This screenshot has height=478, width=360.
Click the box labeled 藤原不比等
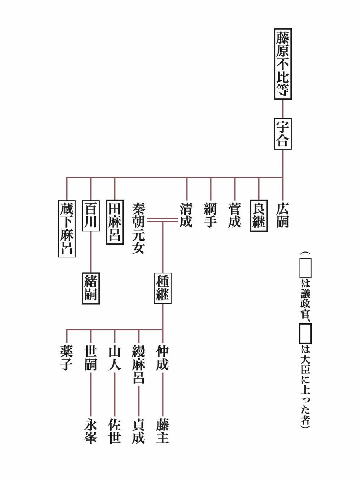click(x=283, y=64)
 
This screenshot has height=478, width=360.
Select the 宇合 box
click(x=283, y=134)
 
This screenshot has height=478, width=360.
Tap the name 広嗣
click(x=283, y=215)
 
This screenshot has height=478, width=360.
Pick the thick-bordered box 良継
click(x=259, y=215)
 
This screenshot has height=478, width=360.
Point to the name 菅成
click(x=235, y=215)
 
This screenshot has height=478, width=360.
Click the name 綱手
click(x=211, y=215)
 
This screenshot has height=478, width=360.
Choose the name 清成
click(x=186, y=215)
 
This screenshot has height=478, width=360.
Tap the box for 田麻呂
click(x=115, y=221)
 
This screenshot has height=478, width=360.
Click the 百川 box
click(x=91, y=215)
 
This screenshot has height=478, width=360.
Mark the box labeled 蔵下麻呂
click(x=67, y=227)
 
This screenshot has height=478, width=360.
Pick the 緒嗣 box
click(x=91, y=288)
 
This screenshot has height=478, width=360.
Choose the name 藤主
click(x=163, y=431)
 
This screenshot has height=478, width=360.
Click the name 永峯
click(x=91, y=431)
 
